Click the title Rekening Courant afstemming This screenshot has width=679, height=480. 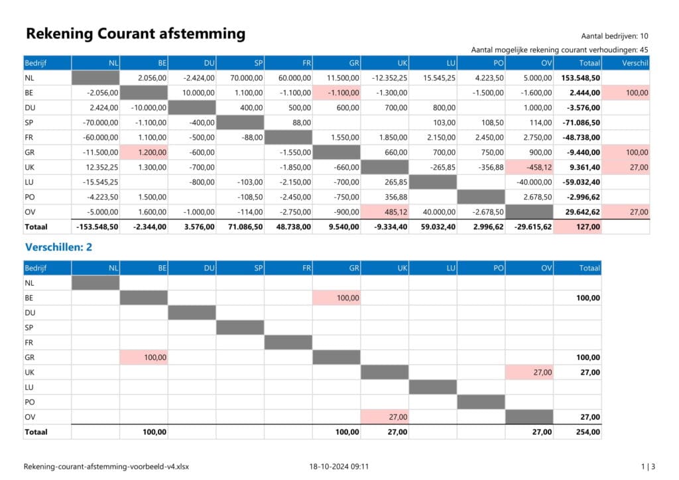tap(135, 34)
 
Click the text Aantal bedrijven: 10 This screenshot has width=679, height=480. tap(615, 36)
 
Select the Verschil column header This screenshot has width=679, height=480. tap(635, 64)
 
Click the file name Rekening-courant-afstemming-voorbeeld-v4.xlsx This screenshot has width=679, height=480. tap(110, 467)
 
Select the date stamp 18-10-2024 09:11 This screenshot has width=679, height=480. tap(339, 467)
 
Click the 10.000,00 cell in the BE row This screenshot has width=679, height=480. tap(197, 93)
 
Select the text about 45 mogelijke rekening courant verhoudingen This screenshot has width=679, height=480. tap(559, 50)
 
